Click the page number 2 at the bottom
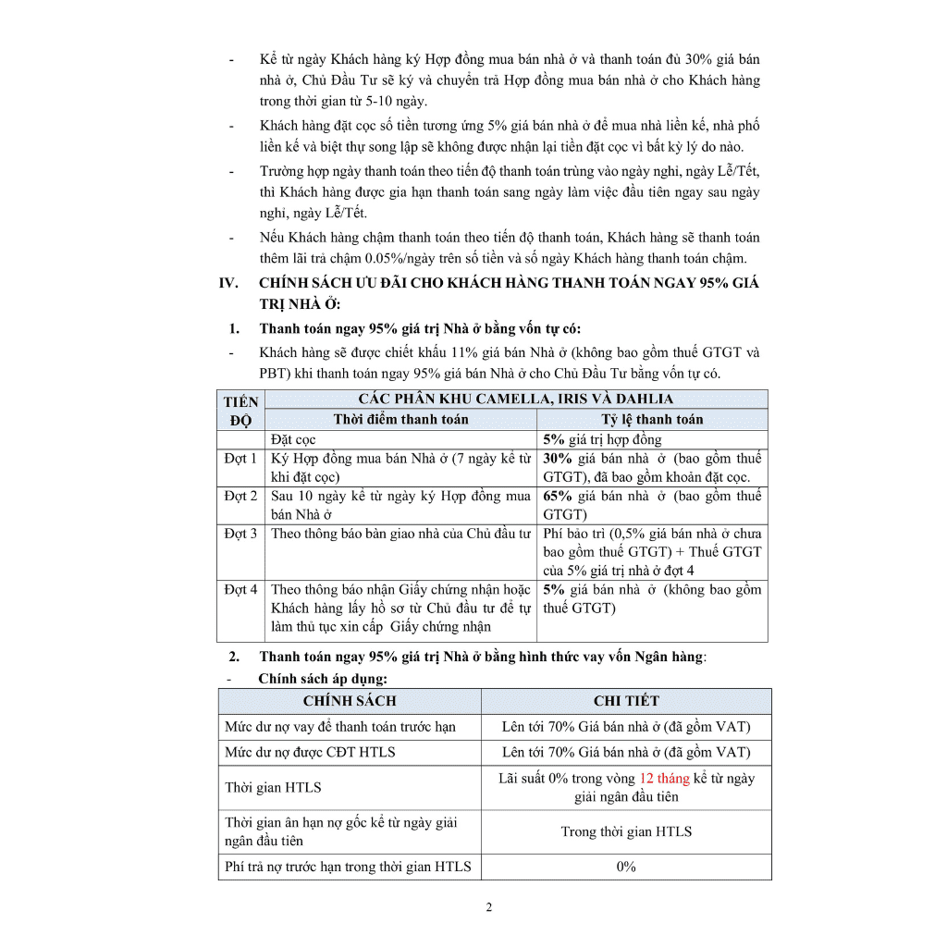[489, 906]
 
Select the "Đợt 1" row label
[240, 459]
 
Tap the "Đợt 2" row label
[240, 497]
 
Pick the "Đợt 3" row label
[240, 534]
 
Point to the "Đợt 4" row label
[240, 589]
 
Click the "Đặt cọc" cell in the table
[293, 440]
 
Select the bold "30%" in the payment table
[558, 459]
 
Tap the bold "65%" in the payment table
[558, 497]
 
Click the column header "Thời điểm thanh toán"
[400, 420]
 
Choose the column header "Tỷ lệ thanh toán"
[652, 420]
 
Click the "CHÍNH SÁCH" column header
[350, 701]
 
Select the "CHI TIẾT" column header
[626, 701]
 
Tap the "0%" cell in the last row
[626, 867]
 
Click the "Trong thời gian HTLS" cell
[626, 831]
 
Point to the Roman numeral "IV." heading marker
[229, 283]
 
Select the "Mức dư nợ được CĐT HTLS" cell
[310, 753]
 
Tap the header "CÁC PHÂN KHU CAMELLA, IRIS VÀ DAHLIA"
[516, 400]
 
